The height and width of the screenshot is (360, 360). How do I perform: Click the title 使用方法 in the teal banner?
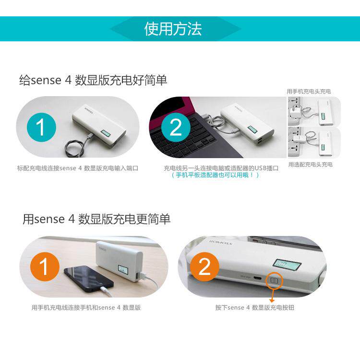(x=173, y=29)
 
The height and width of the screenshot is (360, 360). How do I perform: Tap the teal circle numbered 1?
(x=41, y=127)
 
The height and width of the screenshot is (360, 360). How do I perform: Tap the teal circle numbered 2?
(x=176, y=127)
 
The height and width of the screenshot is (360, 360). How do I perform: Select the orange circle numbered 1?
(x=45, y=267)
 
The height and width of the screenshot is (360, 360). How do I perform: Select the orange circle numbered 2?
(x=204, y=267)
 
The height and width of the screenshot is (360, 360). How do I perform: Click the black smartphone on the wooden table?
(x=88, y=279)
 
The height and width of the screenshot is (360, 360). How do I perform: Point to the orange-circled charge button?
(x=275, y=281)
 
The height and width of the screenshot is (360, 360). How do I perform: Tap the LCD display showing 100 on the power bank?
(x=287, y=264)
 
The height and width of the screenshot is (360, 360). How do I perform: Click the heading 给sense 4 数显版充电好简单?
(x=93, y=80)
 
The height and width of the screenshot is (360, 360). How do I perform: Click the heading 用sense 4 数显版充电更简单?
(x=96, y=219)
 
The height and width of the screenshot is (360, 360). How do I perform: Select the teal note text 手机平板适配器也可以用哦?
(x=215, y=175)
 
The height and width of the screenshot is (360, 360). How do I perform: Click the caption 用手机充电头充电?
(x=309, y=91)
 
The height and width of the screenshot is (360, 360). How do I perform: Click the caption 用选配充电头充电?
(x=311, y=164)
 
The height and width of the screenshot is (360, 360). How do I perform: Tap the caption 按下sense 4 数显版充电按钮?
(x=254, y=307)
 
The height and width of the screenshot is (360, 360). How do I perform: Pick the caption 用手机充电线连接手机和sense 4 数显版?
(x=86, y=307)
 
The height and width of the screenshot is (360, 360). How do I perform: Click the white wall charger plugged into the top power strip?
(x=294, y=112)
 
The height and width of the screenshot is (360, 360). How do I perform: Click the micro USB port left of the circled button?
(x=258, y=278)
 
